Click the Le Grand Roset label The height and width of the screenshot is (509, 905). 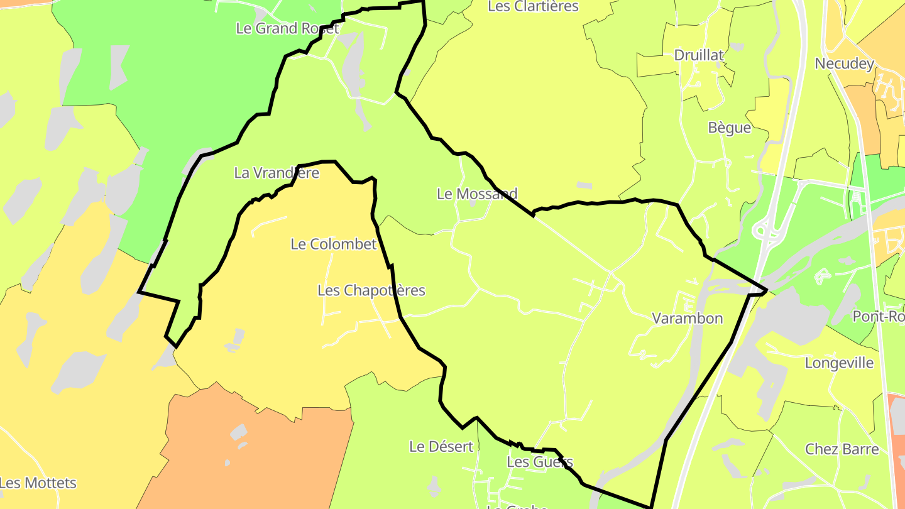[x=287, y=28]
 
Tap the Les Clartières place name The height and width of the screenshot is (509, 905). [x=533, y=7]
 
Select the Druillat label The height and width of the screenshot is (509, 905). [x=699, y=55]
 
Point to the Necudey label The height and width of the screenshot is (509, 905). [x=844, y=63]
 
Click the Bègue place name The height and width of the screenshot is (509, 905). [x=730, y=128]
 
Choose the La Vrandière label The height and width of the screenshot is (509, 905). [x=277, y=173]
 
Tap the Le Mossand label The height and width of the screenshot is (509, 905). [x=477, y=194]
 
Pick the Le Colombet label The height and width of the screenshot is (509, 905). [x=333, y=244]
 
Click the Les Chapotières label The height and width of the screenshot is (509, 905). [x=371, y=290]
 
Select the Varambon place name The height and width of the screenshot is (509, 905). [x=687, y=319]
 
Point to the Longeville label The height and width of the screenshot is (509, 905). [x=839, y=363]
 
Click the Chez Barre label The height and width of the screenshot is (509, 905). [x=842, y=449]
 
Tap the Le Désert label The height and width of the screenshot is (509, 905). [x=441, y=447]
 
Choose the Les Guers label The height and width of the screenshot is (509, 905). [x=540, y=462]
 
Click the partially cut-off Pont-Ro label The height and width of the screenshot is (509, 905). [x=878, y=316]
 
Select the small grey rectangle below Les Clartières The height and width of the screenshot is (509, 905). [x=584, y=185]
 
